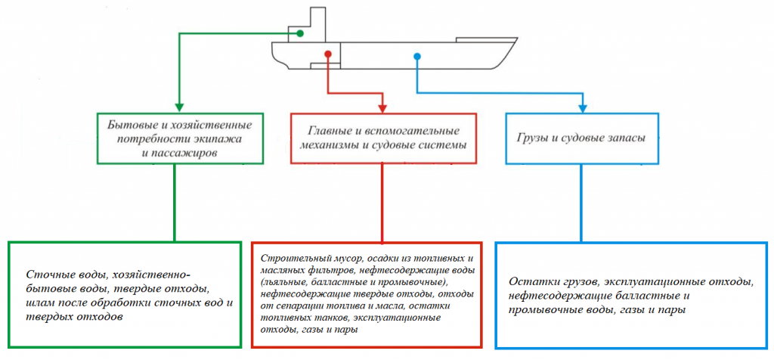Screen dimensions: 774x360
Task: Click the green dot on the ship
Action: [x=299, y=33]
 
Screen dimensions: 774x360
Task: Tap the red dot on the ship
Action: [x=327, y=54]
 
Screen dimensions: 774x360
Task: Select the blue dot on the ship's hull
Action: [x=417, y=57]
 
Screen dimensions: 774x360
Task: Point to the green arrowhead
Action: [x=179, y=107]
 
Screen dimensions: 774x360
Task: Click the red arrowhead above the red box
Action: [x=382, y=107]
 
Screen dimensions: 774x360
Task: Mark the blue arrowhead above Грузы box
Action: [x=583, y=107]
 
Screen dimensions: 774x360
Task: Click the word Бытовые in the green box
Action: [x=128, y=123]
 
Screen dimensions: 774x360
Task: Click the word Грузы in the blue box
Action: [x=531, y=138]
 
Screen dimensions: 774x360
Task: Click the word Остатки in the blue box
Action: [x=529, y=282]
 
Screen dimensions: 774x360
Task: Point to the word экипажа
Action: [x=221, y=138]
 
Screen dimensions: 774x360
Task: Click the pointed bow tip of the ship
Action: [x=517, y=38]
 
